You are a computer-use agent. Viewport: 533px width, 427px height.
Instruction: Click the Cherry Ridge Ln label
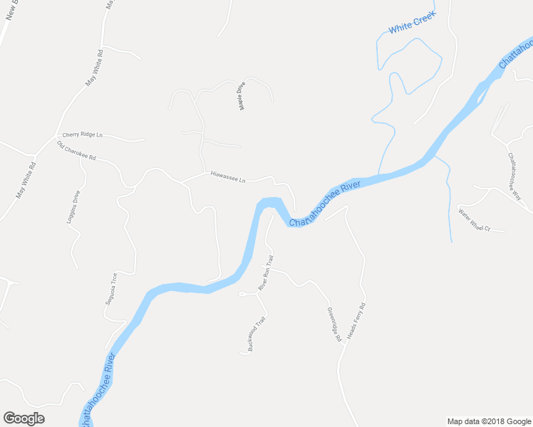tap(83, 135)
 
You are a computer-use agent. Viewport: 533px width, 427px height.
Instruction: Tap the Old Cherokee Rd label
tap(76, 151)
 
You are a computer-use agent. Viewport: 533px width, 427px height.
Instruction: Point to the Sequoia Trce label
tap(111, 288)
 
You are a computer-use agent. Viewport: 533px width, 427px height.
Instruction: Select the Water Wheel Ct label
tap(475, 220)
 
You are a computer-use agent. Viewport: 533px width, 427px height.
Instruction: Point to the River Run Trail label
tap(266, 273)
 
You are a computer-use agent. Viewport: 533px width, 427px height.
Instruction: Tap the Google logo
tap(24, 418)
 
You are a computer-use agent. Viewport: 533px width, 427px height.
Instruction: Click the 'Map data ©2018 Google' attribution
tap(489, 421)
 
